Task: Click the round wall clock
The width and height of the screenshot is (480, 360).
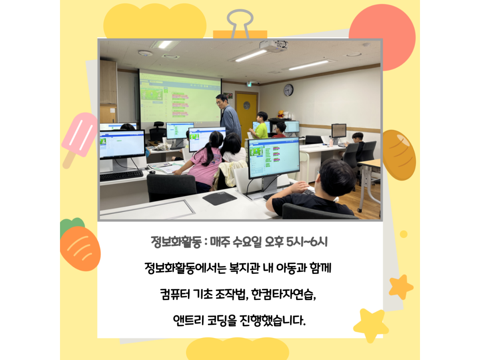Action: pyautogui.click(x=288, y=90)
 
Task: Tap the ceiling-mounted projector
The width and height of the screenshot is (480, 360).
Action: pyautogui.click(x=274, y=46)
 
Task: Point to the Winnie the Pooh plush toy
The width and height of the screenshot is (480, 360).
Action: pyautogui.click(x=280, y=114)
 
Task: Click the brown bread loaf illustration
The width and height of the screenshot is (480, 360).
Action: pyautogui.click(x=399, y=155)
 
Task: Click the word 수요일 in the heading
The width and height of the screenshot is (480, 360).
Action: pyautogui.click(x=247, y=242)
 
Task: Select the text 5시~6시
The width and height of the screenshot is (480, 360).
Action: pyautogui.click(x=307, y=242)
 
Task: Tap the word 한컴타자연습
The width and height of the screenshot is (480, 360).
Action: pyautogui.click(x=283, y=294)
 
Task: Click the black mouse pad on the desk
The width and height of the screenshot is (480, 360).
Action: pyautogui.click(x=220, y=198)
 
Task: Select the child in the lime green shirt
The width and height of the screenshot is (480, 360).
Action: pyautogui.click(x=260, y=126)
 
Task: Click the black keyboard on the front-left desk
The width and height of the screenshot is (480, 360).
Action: pyautogui.click(x=121, y=176)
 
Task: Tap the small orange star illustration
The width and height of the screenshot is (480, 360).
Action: pyautogui.click(x=401, y=286)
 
